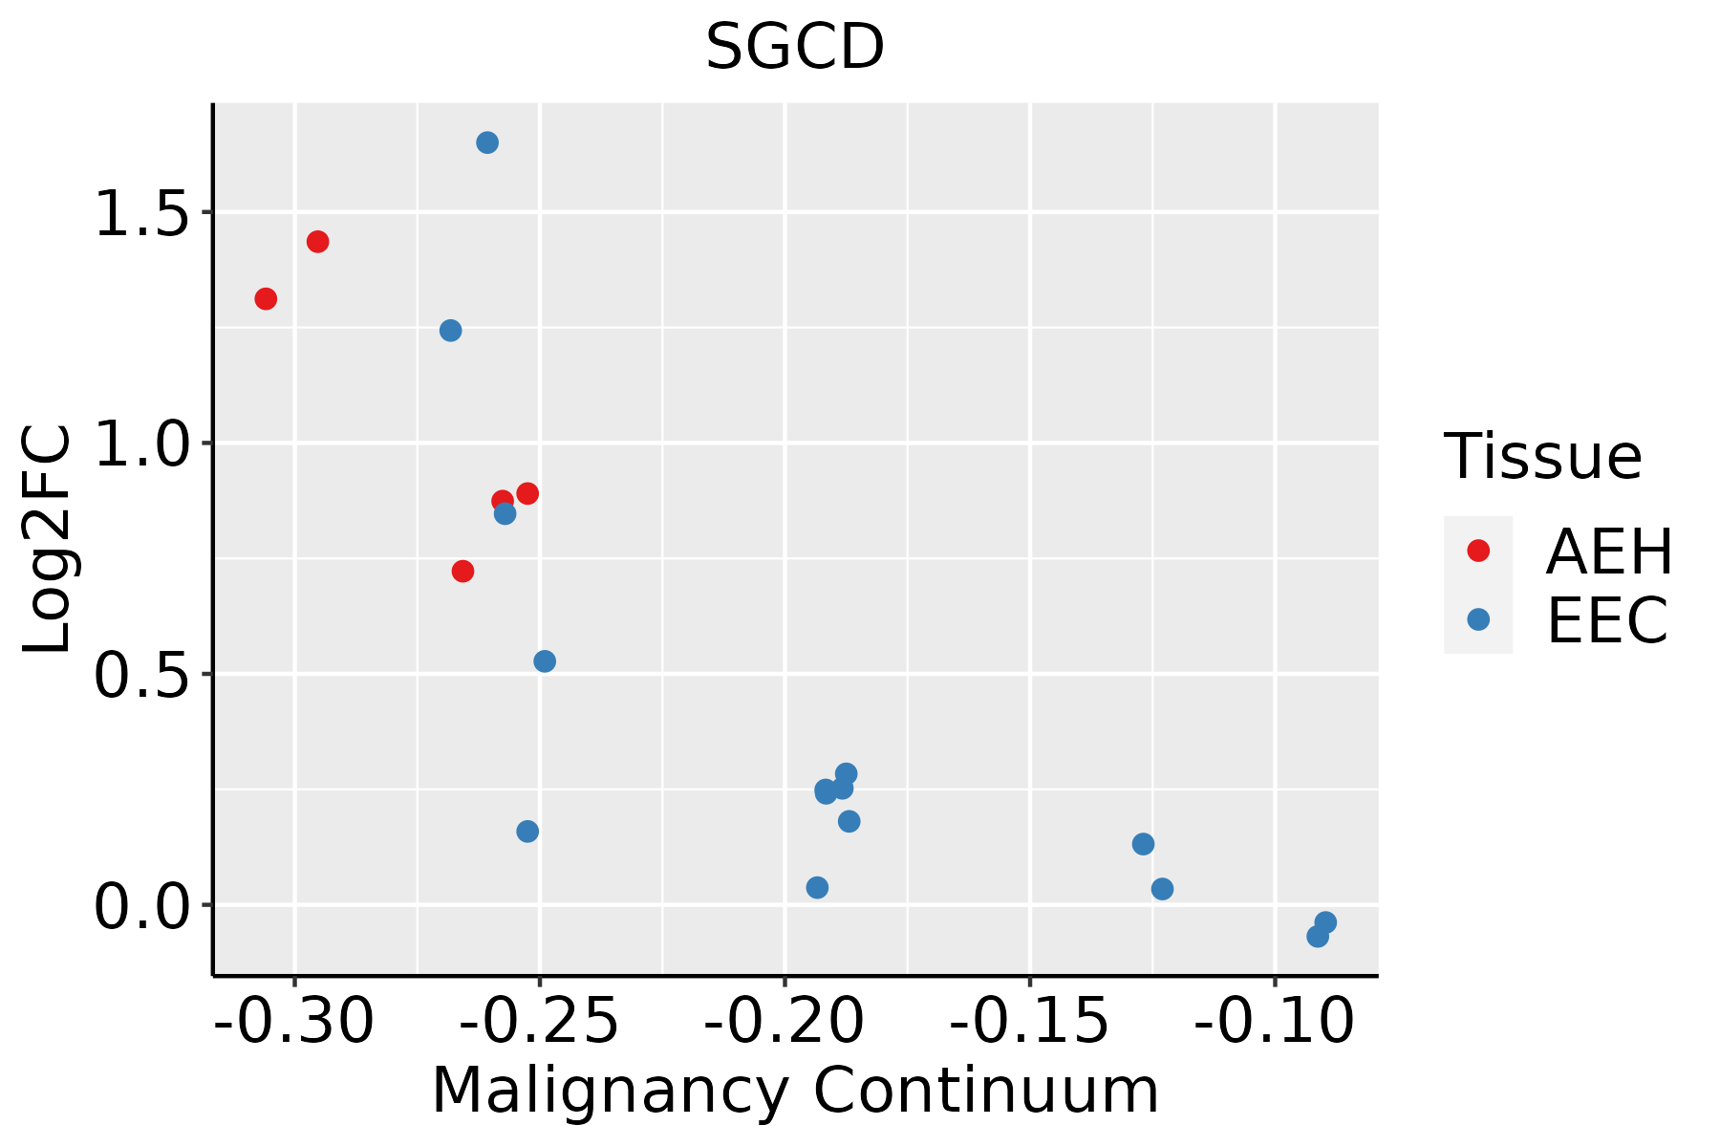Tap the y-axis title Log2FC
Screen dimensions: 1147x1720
coord(48,540)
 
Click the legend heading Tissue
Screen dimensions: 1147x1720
coord(1542,457)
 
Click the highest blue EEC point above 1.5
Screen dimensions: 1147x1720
coord(487,143)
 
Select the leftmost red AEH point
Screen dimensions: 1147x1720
coord(266,299)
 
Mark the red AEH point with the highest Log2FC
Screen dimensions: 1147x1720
coord(318,242)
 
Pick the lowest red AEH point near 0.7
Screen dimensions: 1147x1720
coord(462,572)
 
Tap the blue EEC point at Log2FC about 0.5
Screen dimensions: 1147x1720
coord(545,661)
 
